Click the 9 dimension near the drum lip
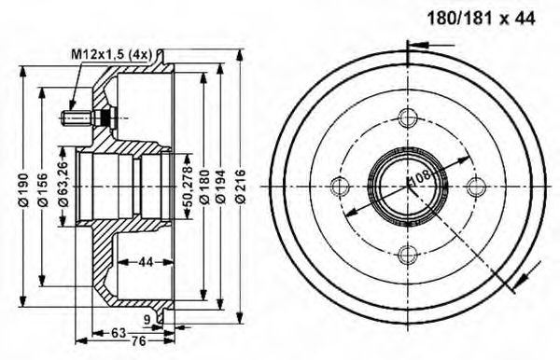click(148, 321)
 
